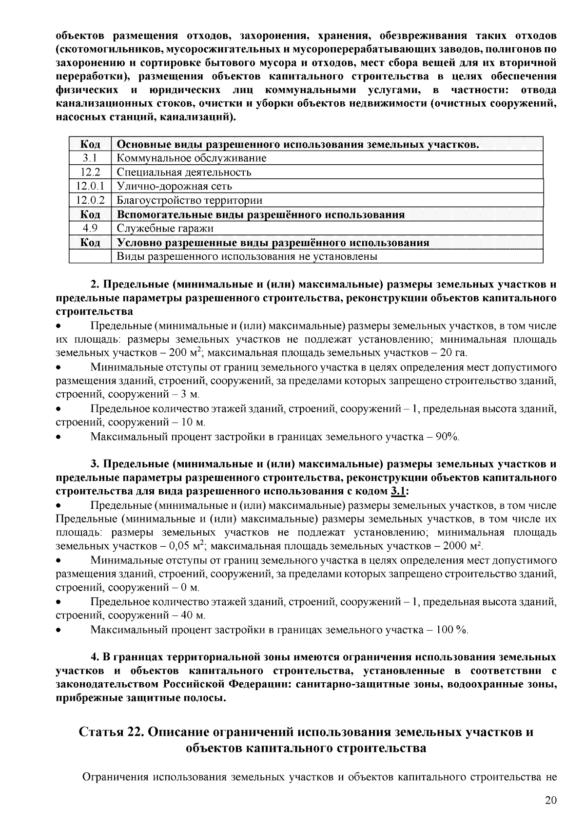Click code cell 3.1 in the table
coord(90,158)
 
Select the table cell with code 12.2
coord(90,172)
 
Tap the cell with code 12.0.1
coord(90,186)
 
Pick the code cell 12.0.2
coord(90,200)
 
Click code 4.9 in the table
coord(90,229)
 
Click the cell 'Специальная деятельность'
coord(184,172)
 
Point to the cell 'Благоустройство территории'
coord(190,200)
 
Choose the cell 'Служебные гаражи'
coord(165,229)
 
